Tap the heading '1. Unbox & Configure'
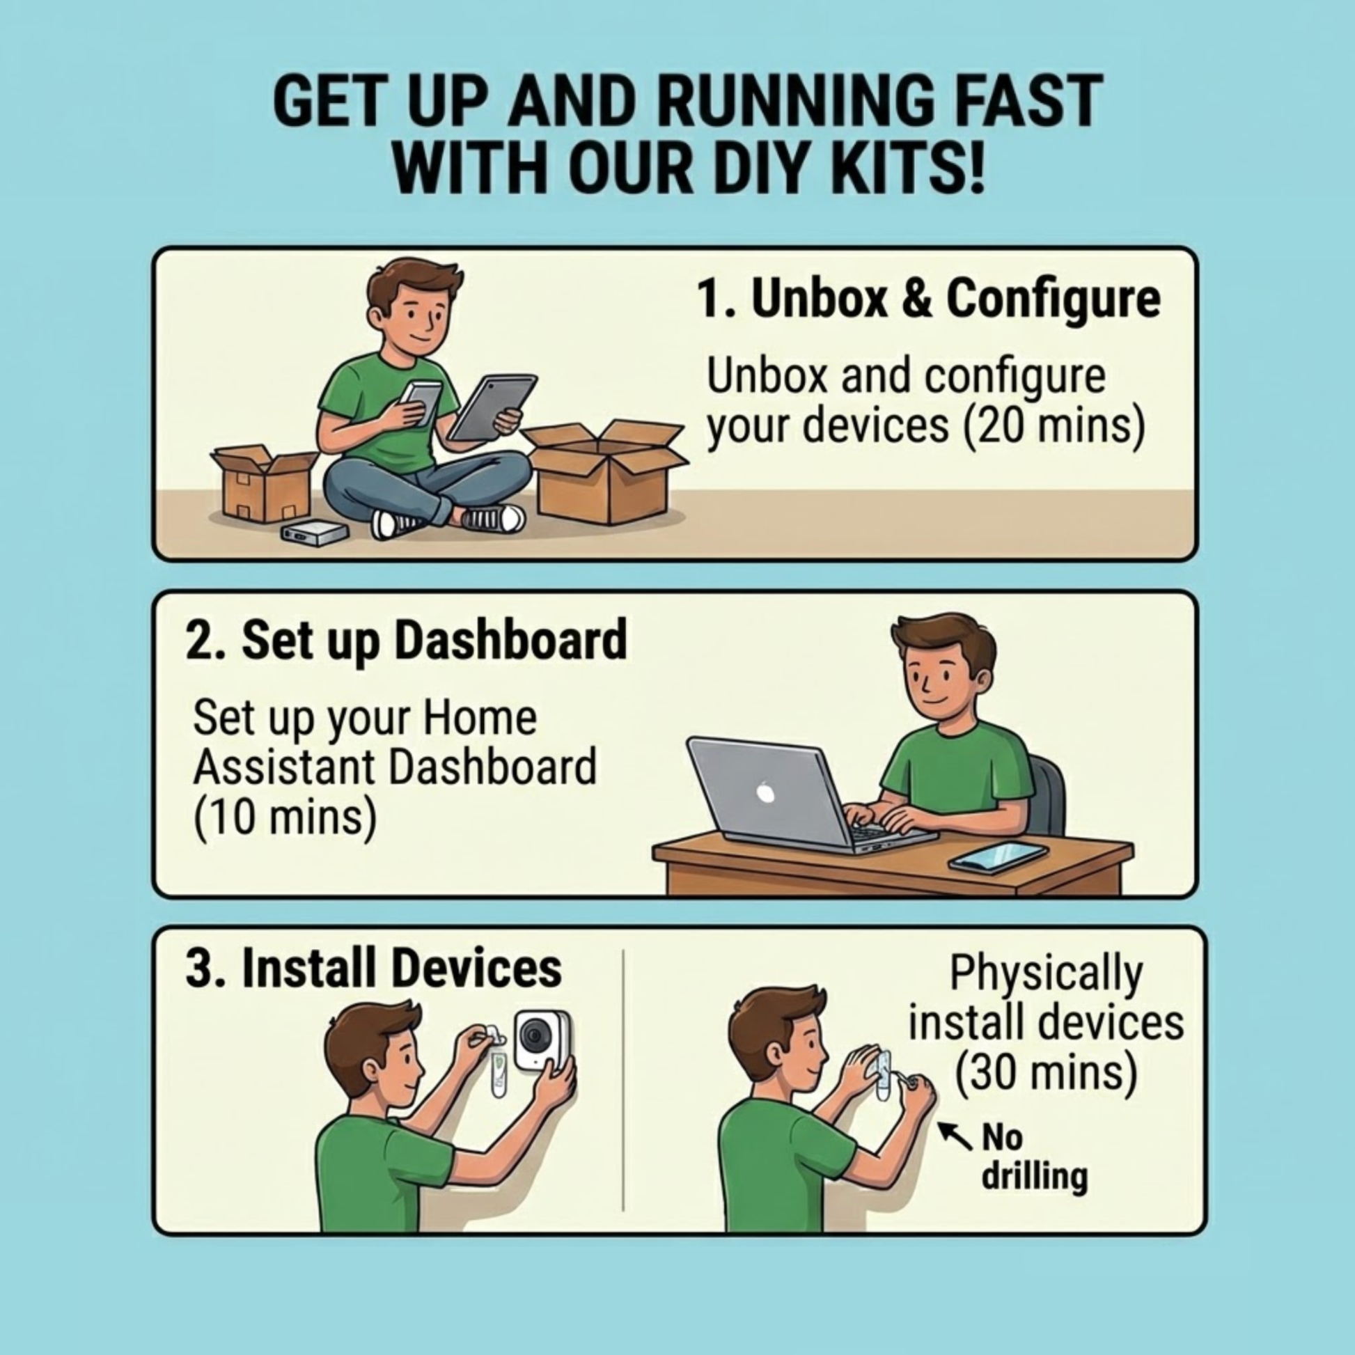click(x=929, y=299)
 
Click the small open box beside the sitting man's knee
click(x=264, y=484)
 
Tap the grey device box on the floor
click(x=315, y=533)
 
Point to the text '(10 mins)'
click(x=285, y=817)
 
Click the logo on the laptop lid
click(x=766, y=794)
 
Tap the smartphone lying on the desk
click(x=998, y=857)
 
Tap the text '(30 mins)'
click(x=1046, y=1074)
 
